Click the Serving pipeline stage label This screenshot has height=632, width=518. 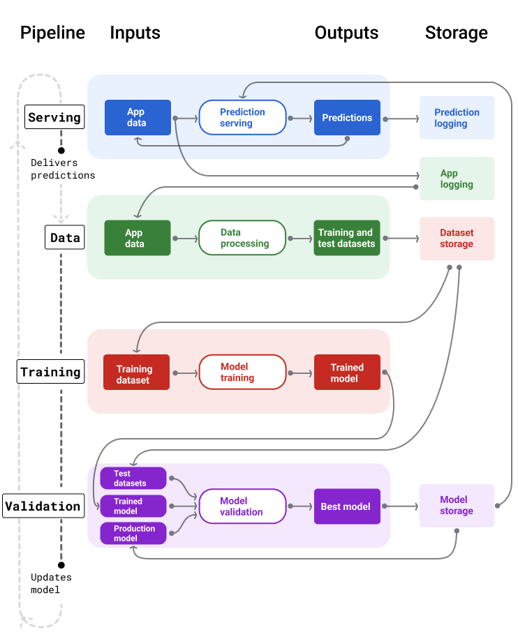coord(54,117)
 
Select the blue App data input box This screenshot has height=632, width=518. coord(138,117)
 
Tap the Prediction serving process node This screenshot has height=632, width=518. coord(242,117)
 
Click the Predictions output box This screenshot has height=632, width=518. coord(347,118)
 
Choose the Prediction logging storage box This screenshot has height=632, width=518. coord(457,118)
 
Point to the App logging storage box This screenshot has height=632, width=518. coord(457,179)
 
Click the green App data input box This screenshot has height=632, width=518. coord(137,238)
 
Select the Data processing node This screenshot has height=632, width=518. coord(242,238)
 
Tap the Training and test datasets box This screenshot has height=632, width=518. coord(346,238)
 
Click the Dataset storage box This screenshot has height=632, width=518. coord(457,239)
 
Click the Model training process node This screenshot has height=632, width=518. coord(242,372)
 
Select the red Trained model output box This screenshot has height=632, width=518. coord(347,373)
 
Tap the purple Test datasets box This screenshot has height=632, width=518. coord(133,479)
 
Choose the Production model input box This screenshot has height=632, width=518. coord(133,534)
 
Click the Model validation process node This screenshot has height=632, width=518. coord(242,506)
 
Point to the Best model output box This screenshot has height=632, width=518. coord(346,506)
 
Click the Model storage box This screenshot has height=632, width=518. coord(457,506)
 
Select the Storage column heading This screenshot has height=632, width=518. coord(456,33)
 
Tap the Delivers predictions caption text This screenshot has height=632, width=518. coord(63,169)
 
